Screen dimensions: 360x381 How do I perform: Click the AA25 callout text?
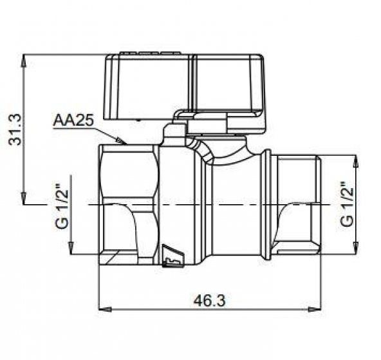73,120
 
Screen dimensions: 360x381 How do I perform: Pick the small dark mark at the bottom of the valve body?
173,256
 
